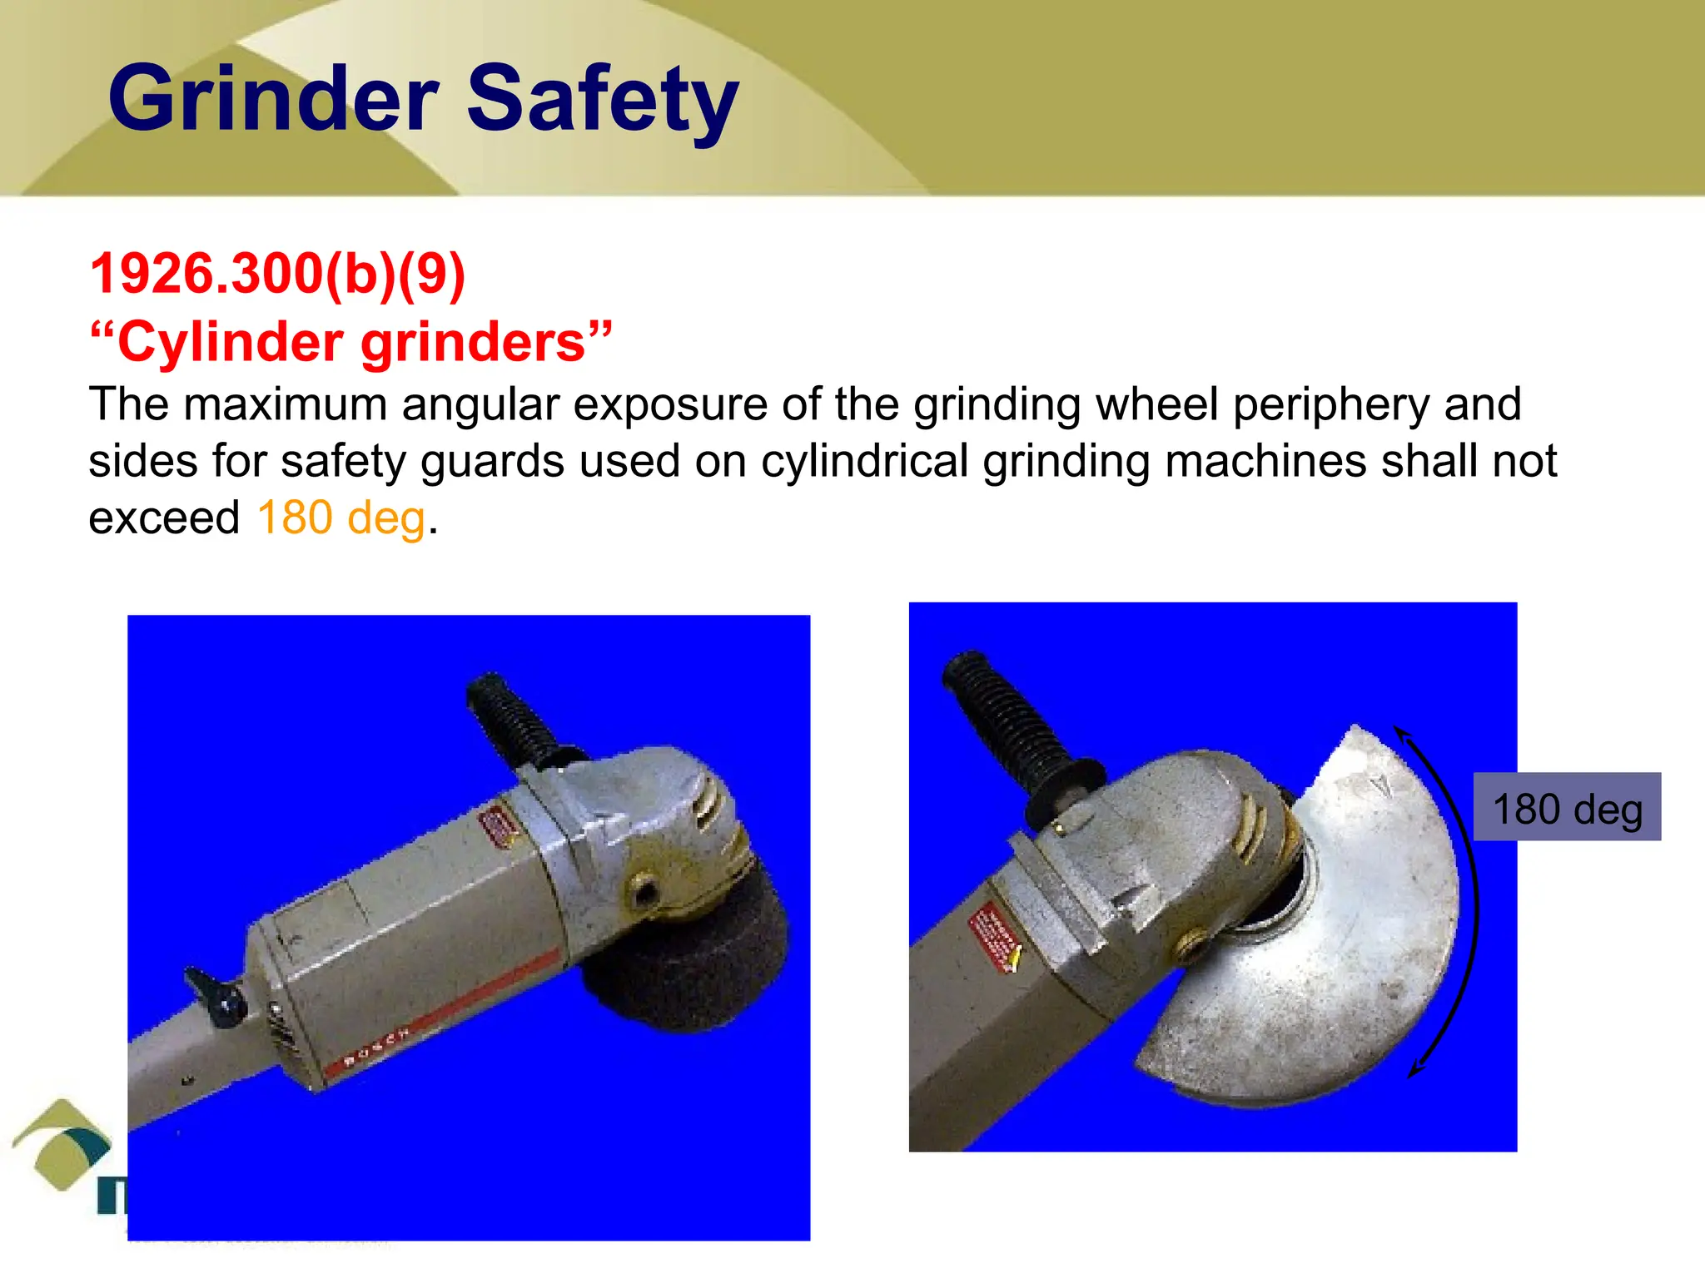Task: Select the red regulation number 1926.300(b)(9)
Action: pyautogui.click(x=277, y=274)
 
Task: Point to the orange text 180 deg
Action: pyautogui.click(x=341, y=518)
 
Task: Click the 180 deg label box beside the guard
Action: pyautogui.click(x=1567, y=807)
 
